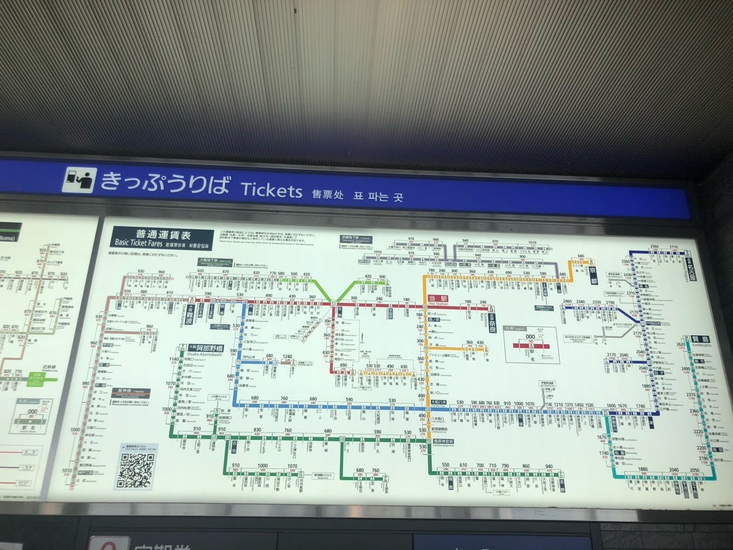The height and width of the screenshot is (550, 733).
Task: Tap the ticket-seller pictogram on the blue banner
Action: click(79, 180)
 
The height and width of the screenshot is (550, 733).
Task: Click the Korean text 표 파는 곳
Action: click(378, 197)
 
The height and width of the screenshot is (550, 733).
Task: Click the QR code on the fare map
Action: click(136, 468)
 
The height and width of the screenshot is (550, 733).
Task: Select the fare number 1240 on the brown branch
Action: click(288, 356)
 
